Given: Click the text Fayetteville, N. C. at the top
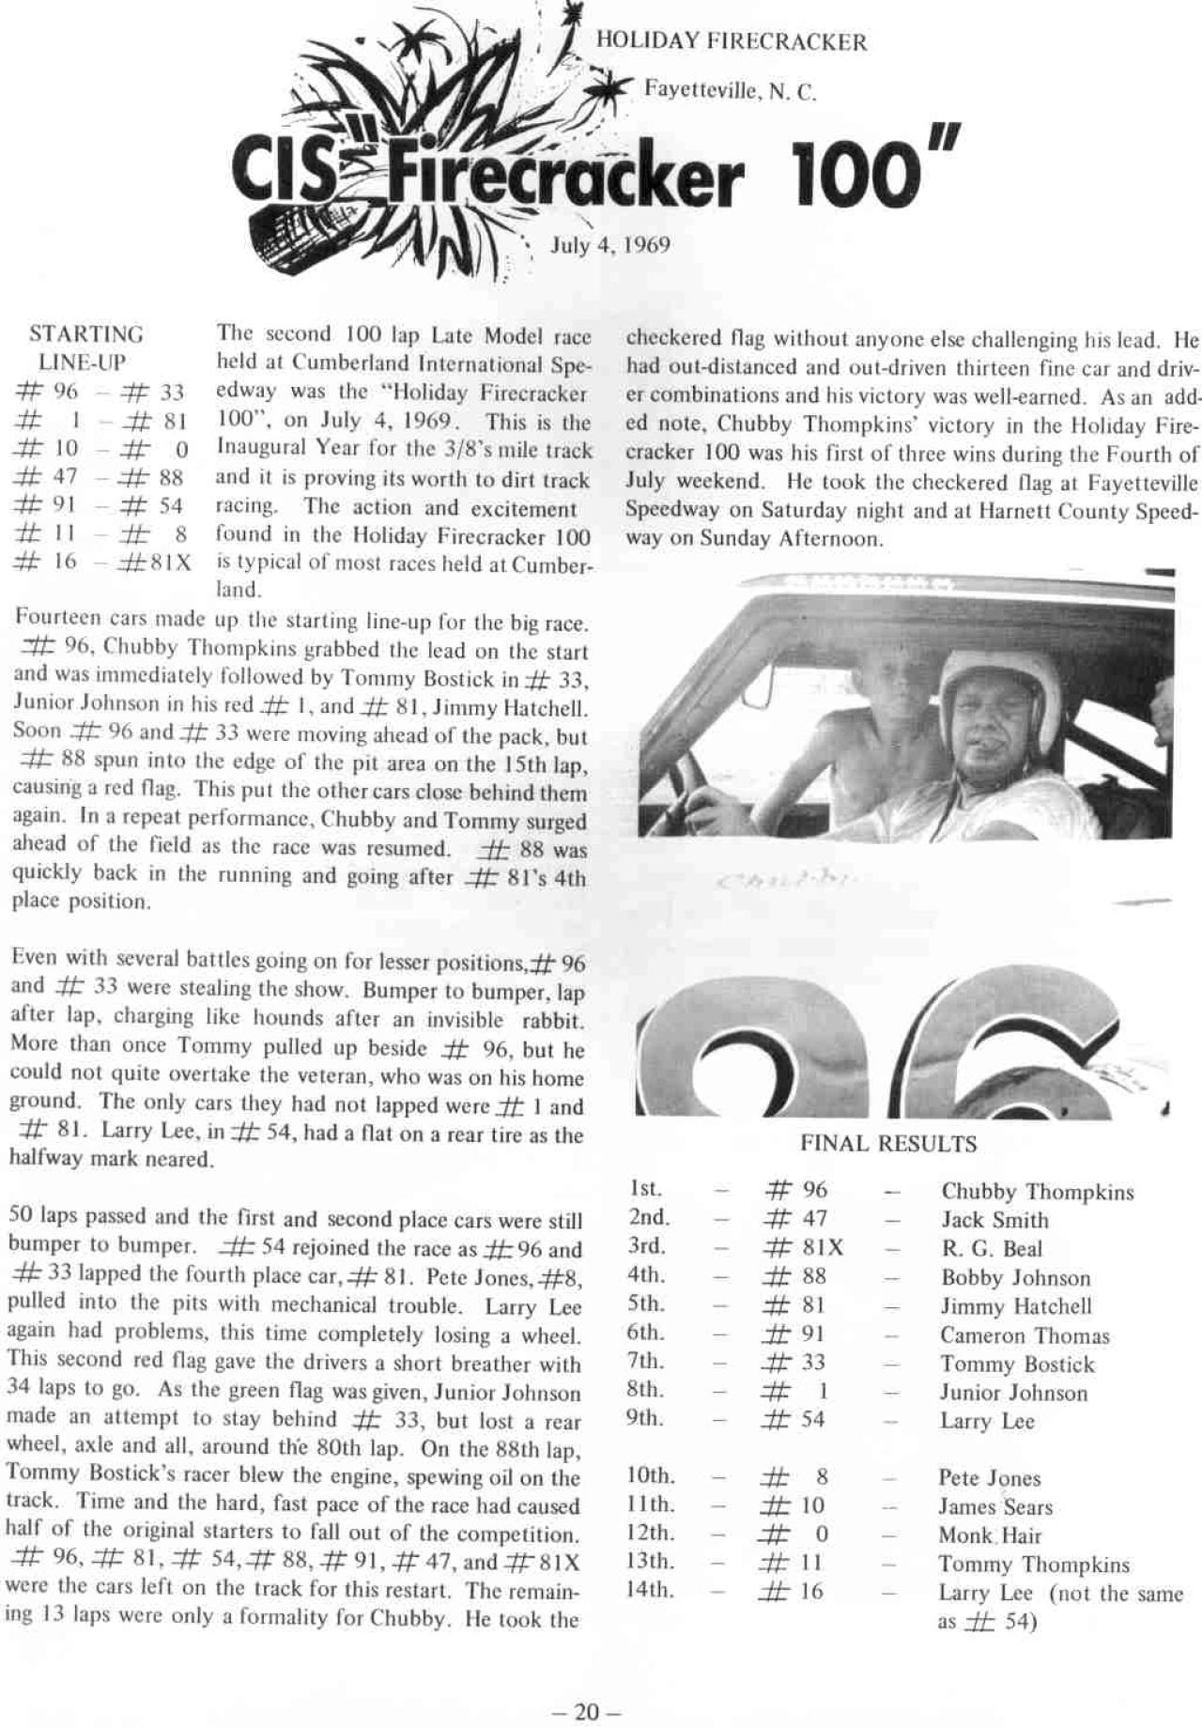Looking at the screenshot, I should [730, 91].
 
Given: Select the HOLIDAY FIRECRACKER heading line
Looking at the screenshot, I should [732, 42].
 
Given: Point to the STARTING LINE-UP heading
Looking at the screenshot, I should [85, 347].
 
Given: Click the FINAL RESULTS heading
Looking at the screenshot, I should [887, 1144].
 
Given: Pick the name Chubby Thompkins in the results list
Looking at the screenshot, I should [1037, 1192].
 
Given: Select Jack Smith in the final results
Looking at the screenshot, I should [994, 1220].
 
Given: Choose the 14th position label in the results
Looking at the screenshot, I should [648, 1591].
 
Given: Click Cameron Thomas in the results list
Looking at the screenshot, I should [1025, 1335].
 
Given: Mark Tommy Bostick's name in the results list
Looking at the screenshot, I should [1017, 1365].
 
